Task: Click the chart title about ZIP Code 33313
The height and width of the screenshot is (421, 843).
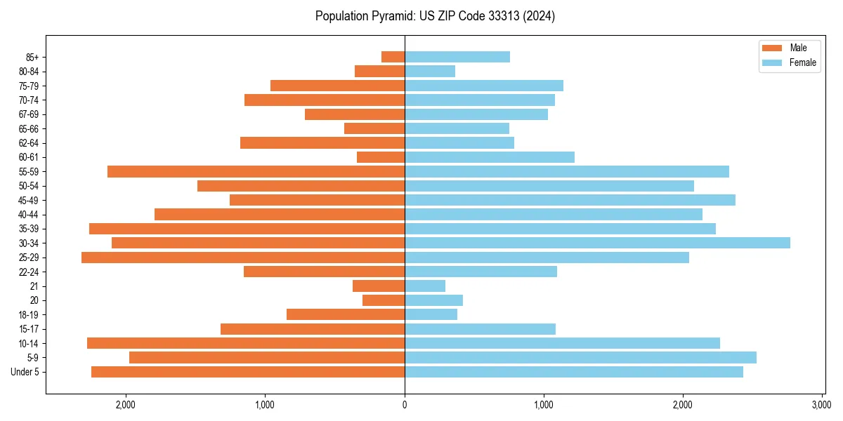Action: (435, 16)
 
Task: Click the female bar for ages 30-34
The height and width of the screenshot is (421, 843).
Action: (597, 243)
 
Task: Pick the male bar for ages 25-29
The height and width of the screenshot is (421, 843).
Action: (243, 258)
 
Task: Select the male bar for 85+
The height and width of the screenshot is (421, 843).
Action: (393, 57)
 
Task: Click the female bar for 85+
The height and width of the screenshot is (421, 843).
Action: (457, 57)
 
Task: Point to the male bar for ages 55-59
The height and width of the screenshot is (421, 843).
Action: (256, 171)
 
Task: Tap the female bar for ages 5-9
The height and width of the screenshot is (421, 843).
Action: (580, 358)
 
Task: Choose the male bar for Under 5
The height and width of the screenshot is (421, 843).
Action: (248, 372)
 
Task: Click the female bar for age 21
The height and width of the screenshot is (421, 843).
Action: (425, 286)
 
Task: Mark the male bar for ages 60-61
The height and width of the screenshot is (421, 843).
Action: (381, 157)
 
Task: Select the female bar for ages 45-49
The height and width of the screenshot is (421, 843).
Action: (570, 200)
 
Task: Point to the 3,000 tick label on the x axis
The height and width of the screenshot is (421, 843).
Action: (821, 405)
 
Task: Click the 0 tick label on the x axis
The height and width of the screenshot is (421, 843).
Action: (405, 405)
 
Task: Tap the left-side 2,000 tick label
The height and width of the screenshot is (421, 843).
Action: (126, 405)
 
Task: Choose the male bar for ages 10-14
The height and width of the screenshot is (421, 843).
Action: (246, 343)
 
